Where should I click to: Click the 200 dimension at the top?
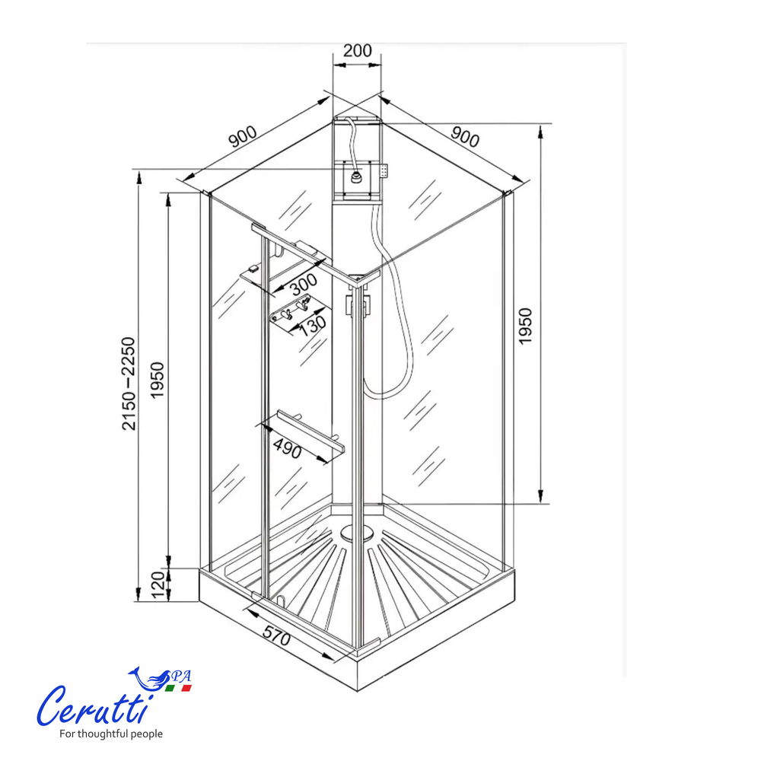357,51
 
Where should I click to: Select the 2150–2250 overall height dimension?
130,384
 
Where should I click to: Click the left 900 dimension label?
242,138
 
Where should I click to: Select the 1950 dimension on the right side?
526,326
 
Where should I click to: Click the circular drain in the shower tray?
352,531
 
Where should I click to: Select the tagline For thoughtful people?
111,734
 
